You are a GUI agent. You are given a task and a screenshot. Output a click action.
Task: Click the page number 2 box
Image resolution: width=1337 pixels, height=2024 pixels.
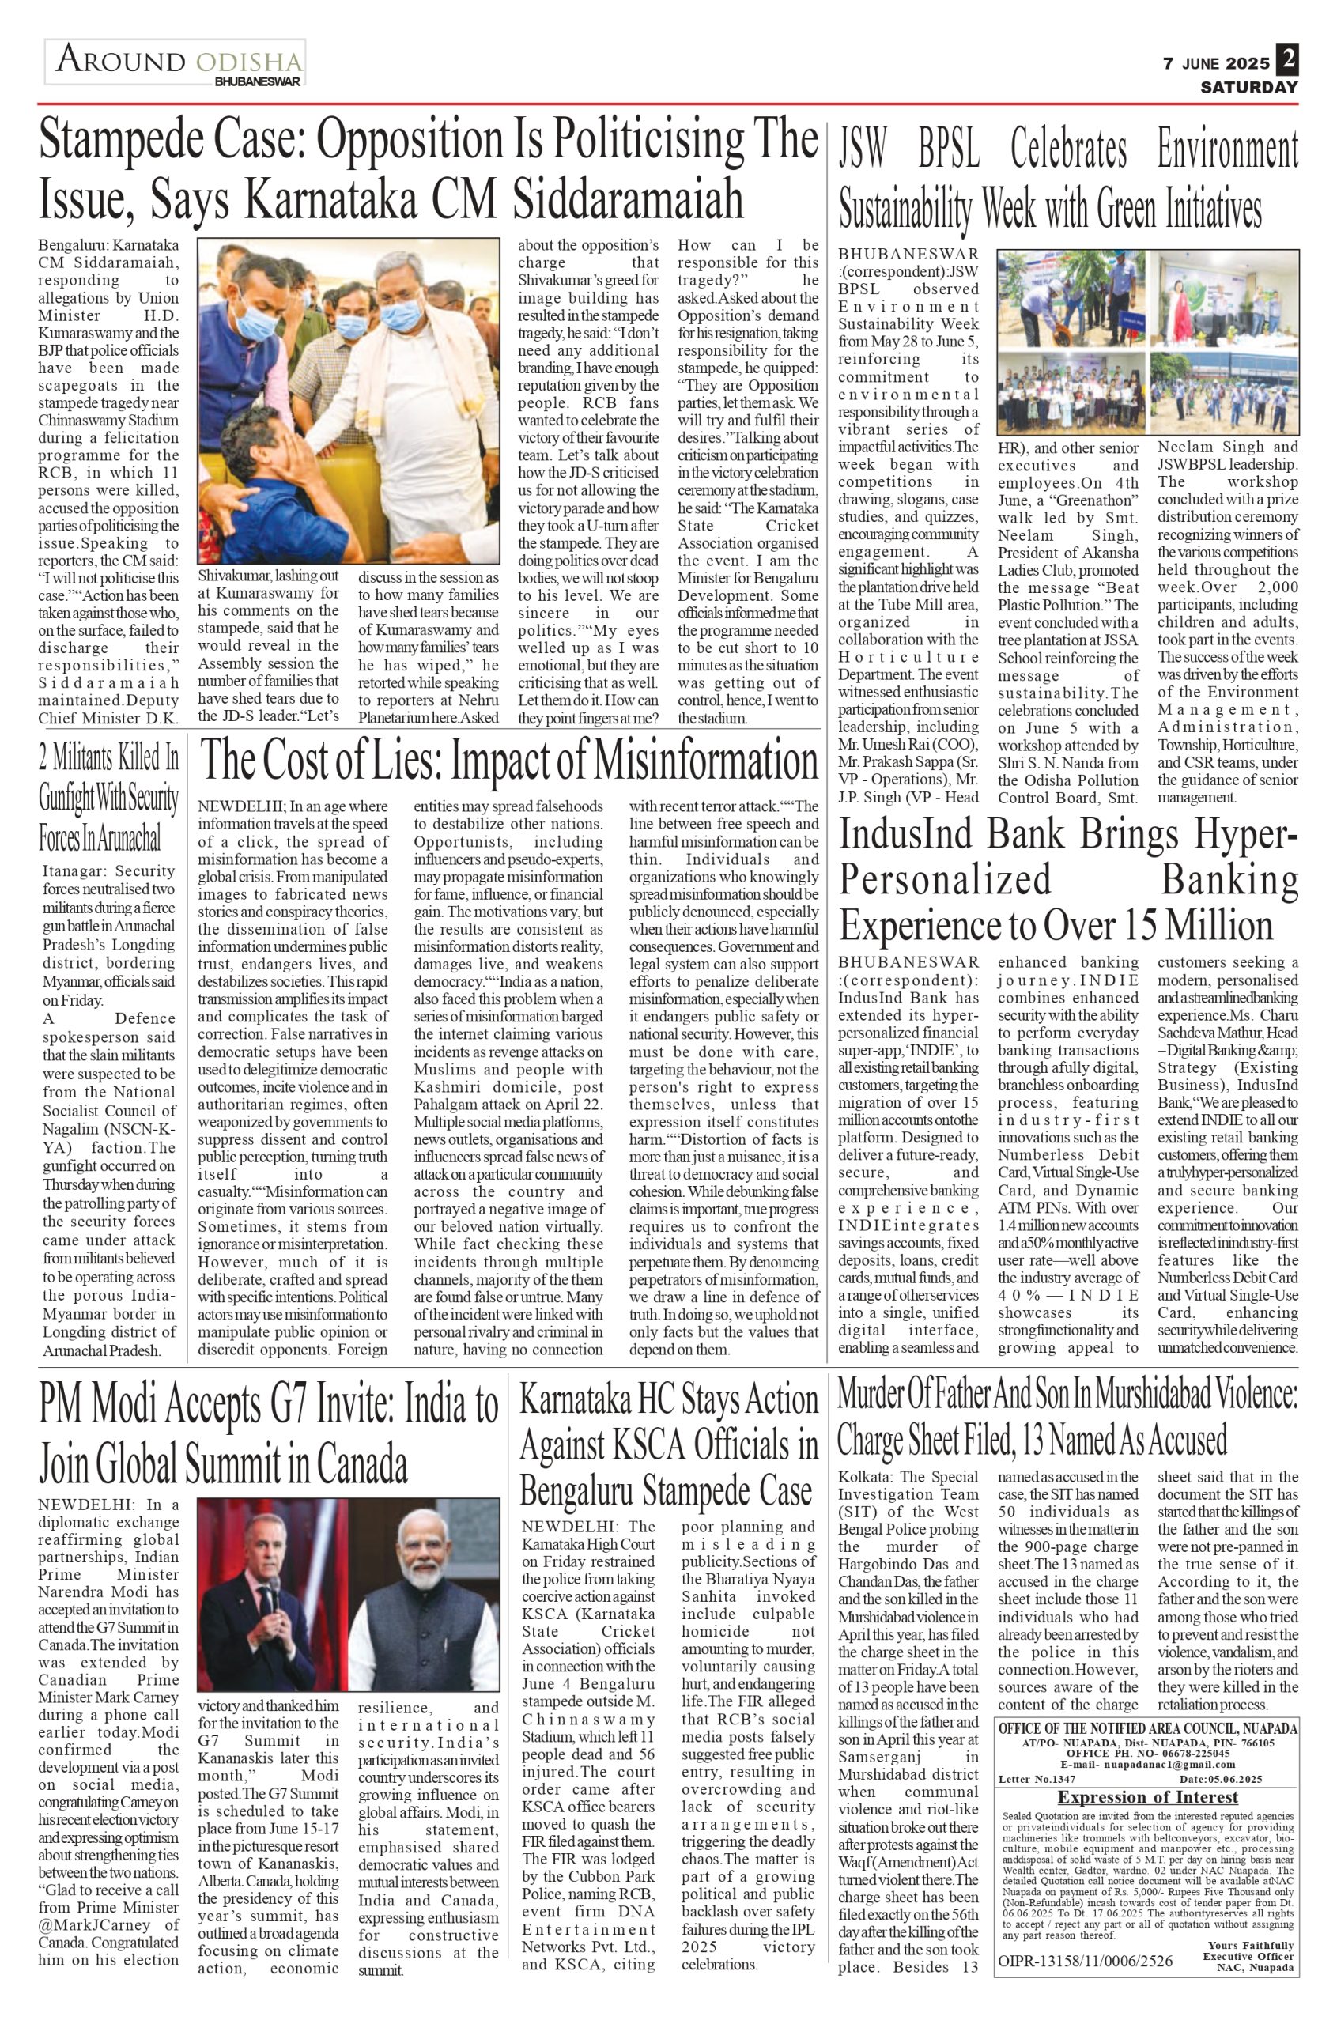pyautogui.click(x=1286, y=62)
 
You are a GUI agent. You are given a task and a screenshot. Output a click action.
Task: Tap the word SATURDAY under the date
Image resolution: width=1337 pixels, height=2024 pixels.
pyautogui.click(x=1249, y=87)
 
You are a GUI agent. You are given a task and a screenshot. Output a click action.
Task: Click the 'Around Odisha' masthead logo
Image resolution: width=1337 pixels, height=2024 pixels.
pyautogui.click(x=176, y=62)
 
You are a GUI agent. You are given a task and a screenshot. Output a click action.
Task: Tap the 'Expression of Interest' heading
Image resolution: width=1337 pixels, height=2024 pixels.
pyautogui.click(x=1147, y=1798)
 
